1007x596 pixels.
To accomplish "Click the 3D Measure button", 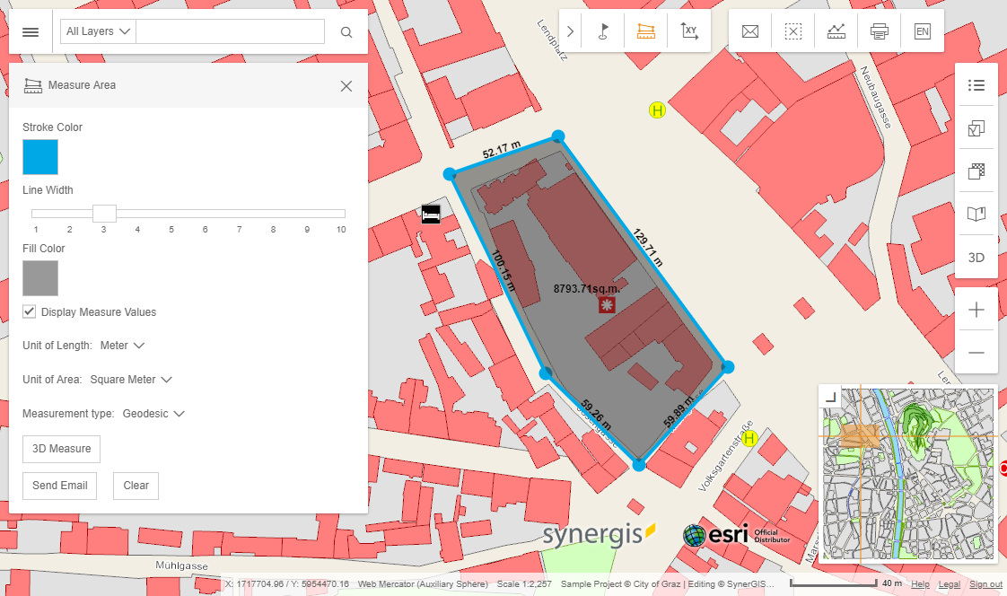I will click(61, 449).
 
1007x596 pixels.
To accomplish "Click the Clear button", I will click(136, 486).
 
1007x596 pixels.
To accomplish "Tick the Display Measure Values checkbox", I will click(30, 312).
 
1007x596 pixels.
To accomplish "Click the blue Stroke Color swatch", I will click(40, 157).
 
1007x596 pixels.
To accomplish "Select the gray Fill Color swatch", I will click(40, 278).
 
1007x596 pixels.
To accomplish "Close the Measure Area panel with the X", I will click(346, 86).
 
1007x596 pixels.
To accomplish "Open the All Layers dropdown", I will click(98, 31).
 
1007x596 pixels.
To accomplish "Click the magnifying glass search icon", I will click(346, 32).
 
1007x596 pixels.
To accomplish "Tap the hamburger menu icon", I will click(31, 32).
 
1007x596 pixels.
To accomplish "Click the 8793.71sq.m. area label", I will click(587, 289).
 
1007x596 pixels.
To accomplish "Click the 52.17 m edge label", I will click(501, 150).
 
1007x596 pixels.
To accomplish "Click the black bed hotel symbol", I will click(431, 214).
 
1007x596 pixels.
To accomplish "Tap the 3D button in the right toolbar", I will click(976, 258).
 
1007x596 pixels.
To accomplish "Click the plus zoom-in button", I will click(976, 311).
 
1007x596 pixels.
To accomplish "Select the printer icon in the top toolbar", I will click(879, 32).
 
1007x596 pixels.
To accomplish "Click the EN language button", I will click(922, 32).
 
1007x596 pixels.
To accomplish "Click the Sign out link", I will click(985, 584).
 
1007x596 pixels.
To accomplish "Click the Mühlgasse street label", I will click(182, 566).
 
